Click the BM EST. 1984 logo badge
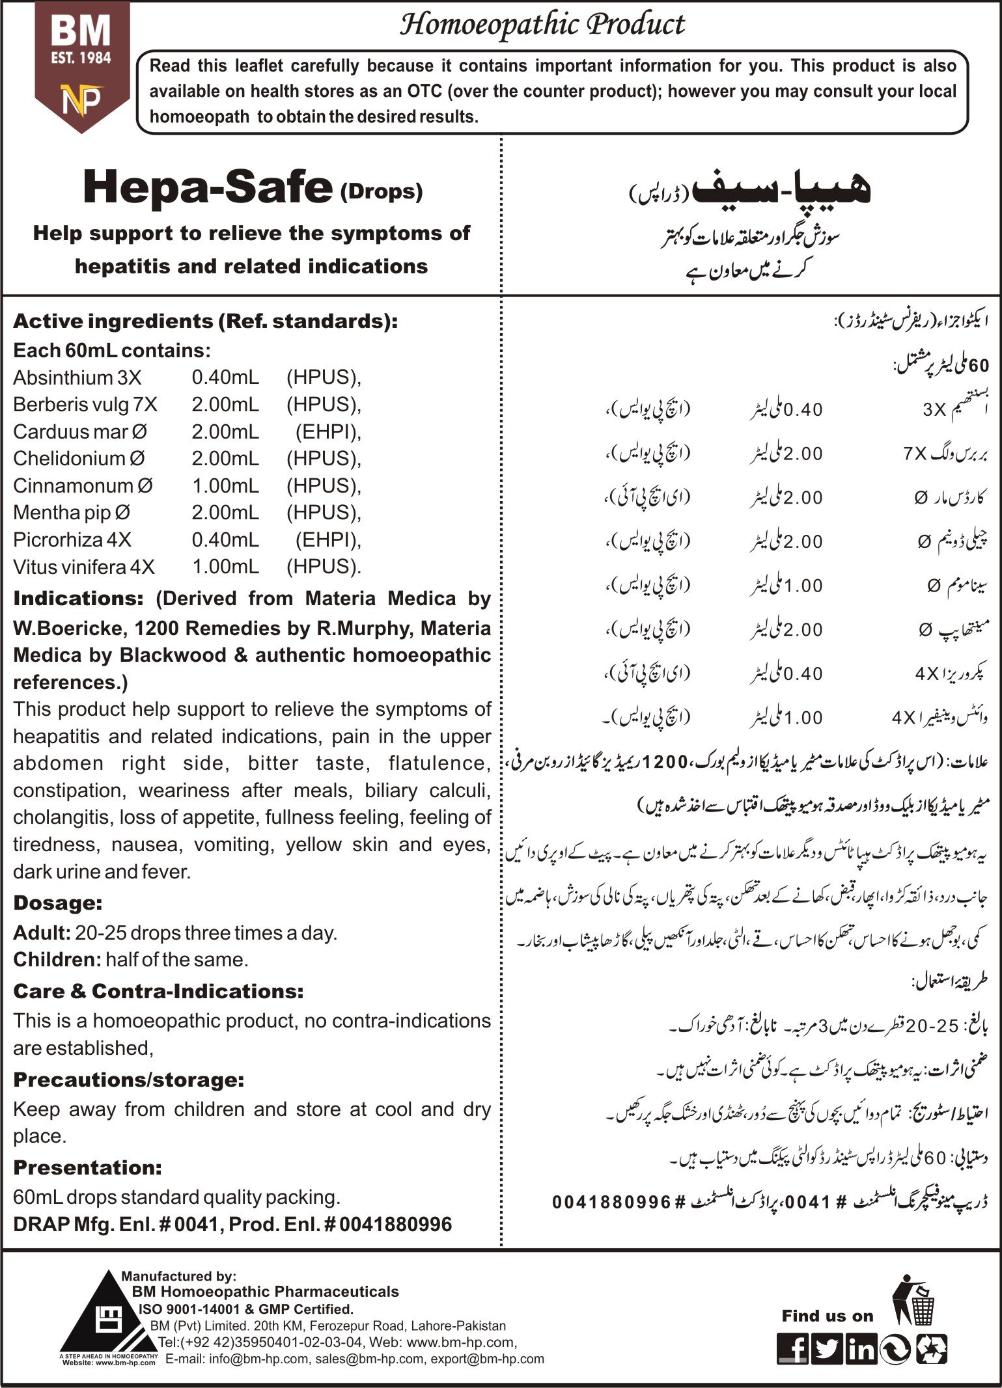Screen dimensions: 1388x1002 (x=81, y=65)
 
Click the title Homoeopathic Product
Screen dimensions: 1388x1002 (x=542, y=25)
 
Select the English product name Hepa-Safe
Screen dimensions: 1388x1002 (x=208, y=188)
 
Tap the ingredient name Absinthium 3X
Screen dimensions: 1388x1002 (x=77, y=377)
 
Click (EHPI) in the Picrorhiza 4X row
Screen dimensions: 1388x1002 (x=327, y=539)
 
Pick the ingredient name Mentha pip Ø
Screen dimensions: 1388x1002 (x=72, y=513)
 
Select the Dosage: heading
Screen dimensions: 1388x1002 (x=58, y=903)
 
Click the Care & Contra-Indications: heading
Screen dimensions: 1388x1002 (x=158, y=991)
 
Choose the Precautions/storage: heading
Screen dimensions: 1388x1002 (x=128, y=1080)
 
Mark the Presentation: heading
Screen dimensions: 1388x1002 (x=87, y=1167)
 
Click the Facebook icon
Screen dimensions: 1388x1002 (x=792, y=1349)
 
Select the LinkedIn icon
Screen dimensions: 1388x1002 (x=861, y=1349)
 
